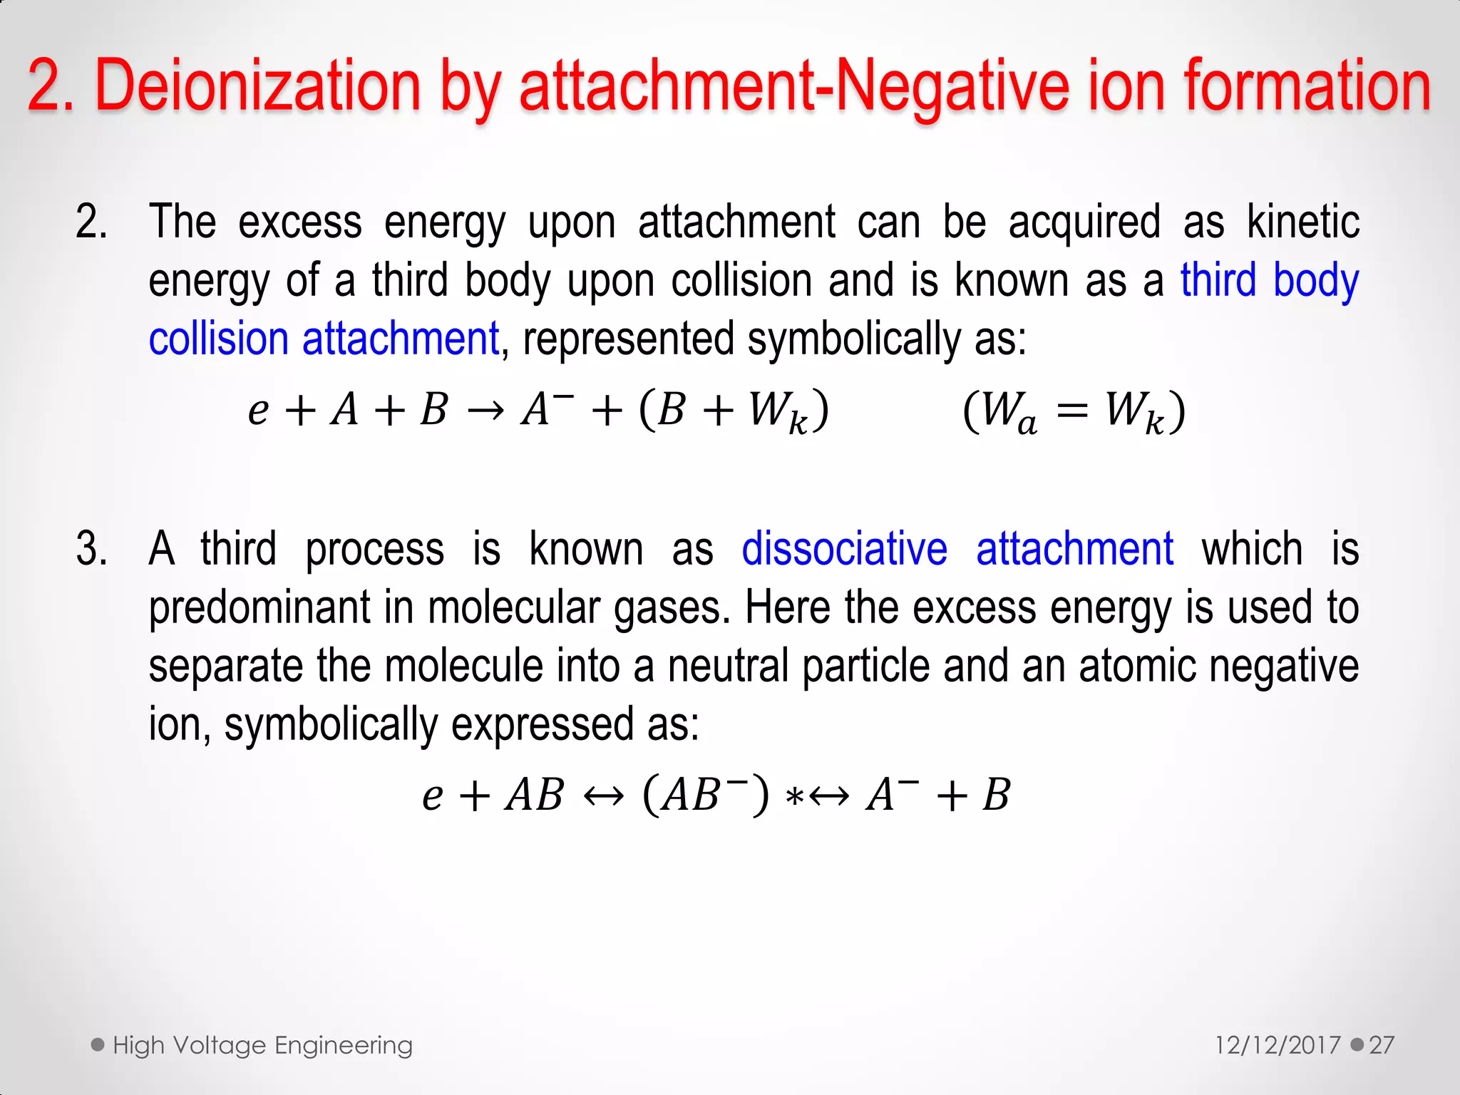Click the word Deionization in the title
[259, 87]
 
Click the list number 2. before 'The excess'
[92, 222]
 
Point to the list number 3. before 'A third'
[92, 550]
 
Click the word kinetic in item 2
[1302, 222]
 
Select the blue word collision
[218, 339]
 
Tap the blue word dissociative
[844, 550]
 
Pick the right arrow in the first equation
[486, 411]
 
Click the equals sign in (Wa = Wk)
[1072, 411]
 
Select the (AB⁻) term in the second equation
[706, 794]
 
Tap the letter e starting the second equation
[432, 796]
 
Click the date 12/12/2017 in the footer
[1277, 1046]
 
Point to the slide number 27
[1382, 1046]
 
